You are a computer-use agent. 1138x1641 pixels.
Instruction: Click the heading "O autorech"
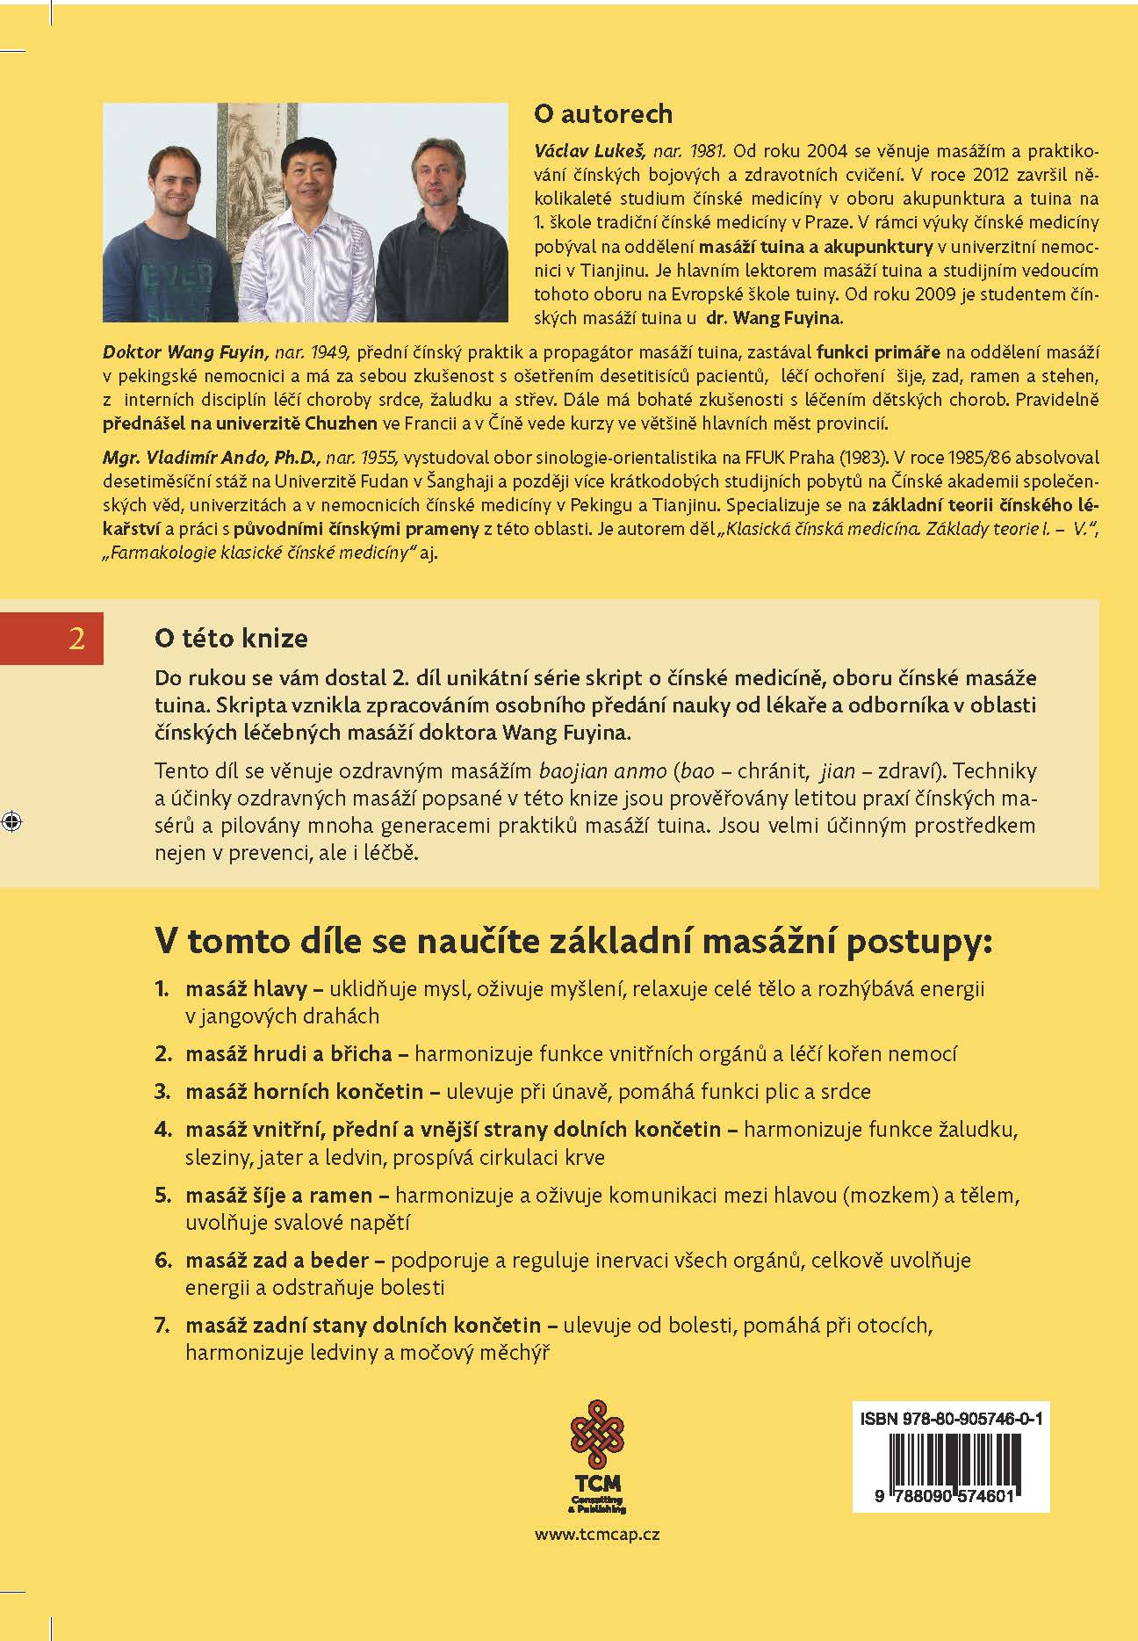(602, 114)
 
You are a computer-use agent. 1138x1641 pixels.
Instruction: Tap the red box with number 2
(76, 639)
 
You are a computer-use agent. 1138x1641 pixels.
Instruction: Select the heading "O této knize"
(231, 638)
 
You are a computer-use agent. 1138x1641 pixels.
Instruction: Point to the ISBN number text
(951, 1419)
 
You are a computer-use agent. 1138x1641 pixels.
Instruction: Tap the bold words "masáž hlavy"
(246, 988)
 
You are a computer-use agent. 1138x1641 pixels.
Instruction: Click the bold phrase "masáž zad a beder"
(277, 1260)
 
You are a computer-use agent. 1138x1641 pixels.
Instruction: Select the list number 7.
(162, 1325)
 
